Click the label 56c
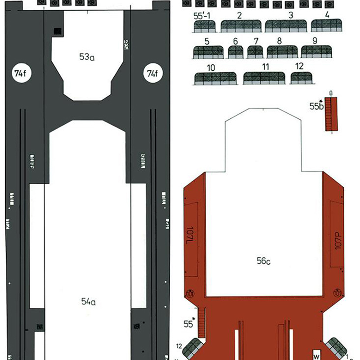264,261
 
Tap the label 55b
316,106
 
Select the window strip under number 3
285,27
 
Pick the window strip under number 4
326,26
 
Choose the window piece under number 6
235,52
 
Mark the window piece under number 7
255,52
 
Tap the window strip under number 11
264,78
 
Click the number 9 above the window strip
315,40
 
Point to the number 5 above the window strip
207,41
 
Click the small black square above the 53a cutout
58,31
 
